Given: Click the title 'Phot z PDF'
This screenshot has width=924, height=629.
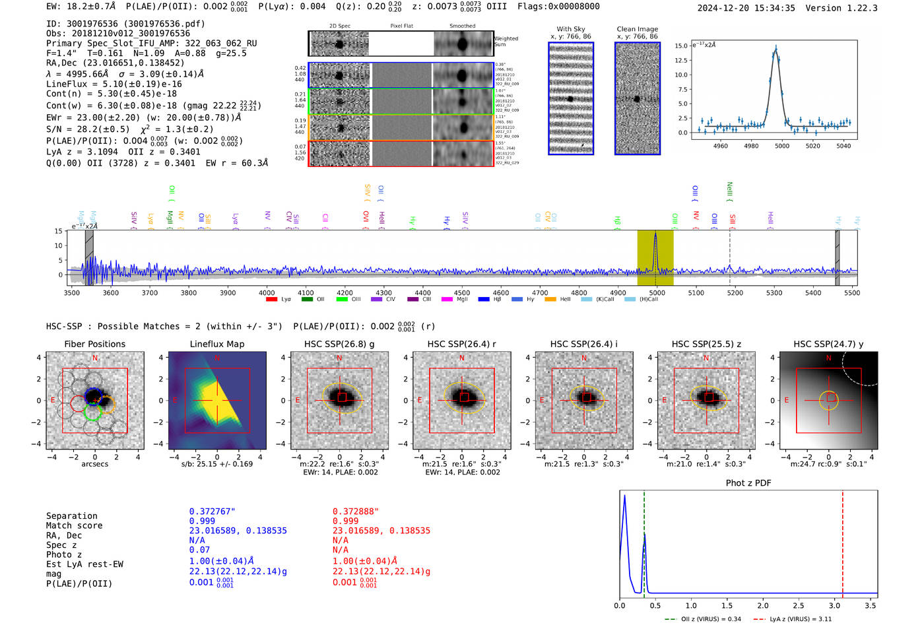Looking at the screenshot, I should [x=748, y=483].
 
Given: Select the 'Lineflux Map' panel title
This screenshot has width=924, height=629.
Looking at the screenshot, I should [x=217, y=344].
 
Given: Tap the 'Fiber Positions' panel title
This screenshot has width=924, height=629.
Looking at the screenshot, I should [x=94, y=344].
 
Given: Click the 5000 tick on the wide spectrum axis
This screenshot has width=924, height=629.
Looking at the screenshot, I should [x=657, y=292].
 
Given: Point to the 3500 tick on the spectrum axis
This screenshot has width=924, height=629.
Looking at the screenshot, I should [x=72, y=292].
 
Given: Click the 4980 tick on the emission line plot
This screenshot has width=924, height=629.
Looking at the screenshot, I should [x=751, y=146].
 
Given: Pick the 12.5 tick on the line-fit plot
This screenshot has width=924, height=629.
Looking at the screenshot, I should [x=680, y=60].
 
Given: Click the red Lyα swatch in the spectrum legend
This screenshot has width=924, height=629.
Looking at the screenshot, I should [x=271, y=300].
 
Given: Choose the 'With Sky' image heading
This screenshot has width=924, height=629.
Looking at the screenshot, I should [x=571, y=29].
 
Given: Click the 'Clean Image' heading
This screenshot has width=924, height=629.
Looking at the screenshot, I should [x=637, y=29].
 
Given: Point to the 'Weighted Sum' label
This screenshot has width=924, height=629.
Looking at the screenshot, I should [x=506, y=42].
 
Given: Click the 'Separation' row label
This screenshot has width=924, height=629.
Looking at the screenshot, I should [x=72, y=516].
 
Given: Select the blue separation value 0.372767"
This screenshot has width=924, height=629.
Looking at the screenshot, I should [x=212, y=512].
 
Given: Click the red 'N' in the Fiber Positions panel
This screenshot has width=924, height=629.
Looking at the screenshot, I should [x=95, y=358].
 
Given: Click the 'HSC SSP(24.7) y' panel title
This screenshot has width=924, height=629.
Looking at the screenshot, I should [x=828, y=344].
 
